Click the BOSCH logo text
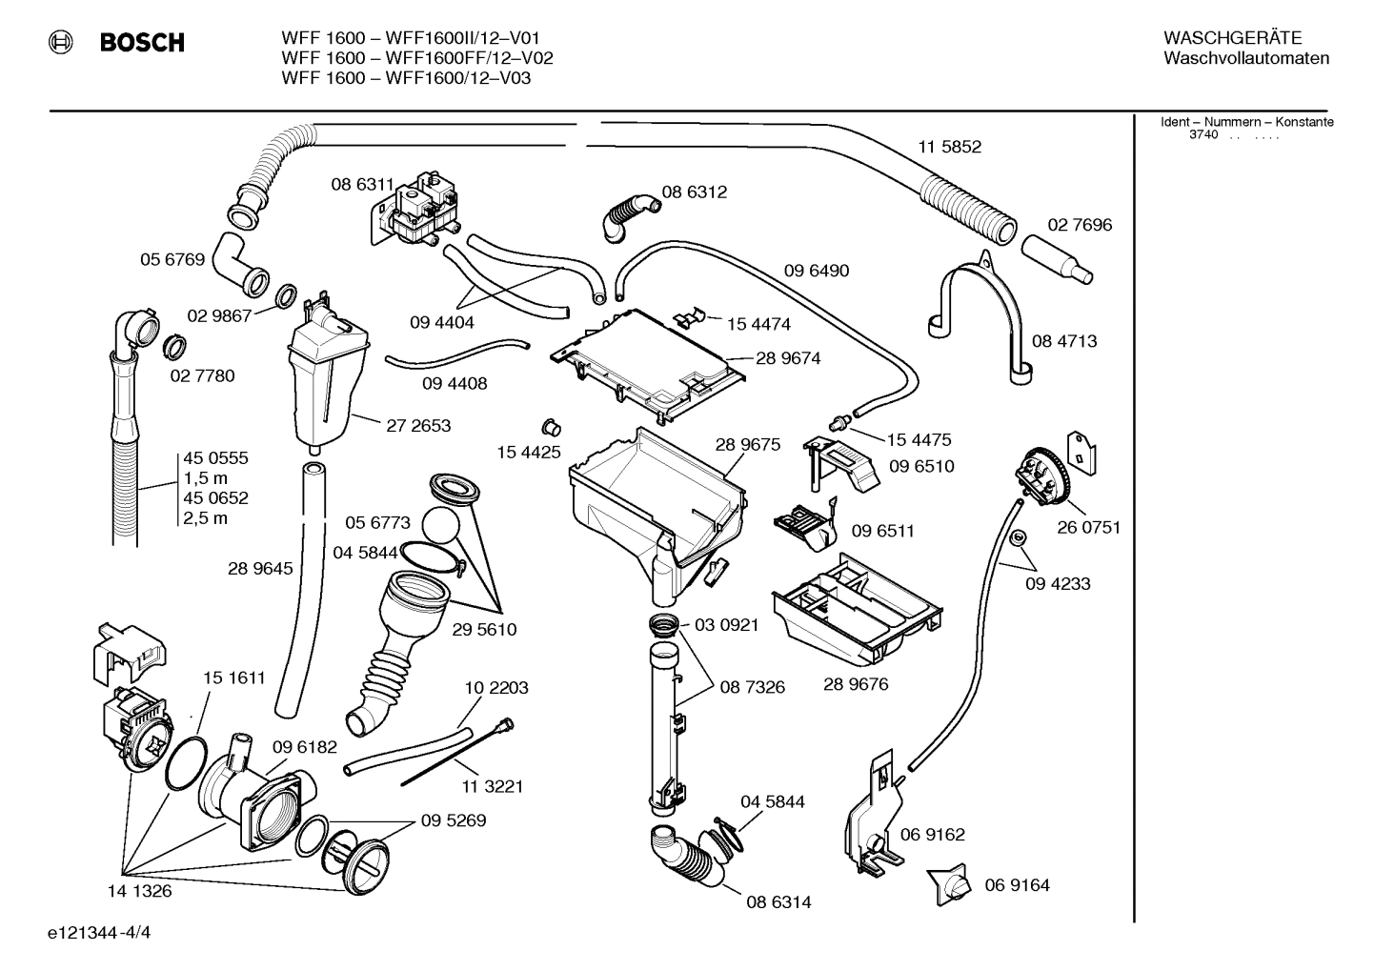pos(141,43)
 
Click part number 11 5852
pos(949,147)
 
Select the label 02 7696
pos(1080,225)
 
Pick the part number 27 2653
pos(418,426)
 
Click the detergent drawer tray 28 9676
pos(858,610)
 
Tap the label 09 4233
pos(1058,584)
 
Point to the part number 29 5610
pos(484,630)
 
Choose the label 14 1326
pos(140,891)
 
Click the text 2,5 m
pos(206,518)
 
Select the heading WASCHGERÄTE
pos(1231,38)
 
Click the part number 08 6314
pos(778,901)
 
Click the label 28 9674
pos(788,358)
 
